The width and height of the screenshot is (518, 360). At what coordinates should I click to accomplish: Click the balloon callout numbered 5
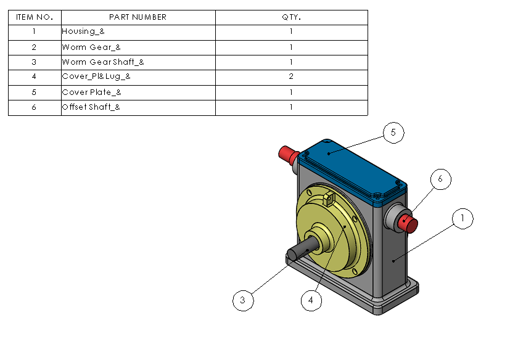[x=393, y=133]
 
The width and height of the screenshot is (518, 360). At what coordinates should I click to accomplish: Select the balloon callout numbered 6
[x=440, y=179]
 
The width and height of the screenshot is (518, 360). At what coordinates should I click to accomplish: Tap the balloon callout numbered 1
[x=462, y=218]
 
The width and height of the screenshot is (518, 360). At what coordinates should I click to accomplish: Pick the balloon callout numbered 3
[x=243, y=300]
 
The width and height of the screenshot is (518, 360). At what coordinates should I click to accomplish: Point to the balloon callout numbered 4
[x=311, y=300]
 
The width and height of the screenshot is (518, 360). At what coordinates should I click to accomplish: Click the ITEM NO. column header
[x=35, y=17]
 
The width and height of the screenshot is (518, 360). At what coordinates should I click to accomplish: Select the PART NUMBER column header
[x=138, y=17]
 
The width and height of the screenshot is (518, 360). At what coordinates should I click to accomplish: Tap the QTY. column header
[x=291, y=17]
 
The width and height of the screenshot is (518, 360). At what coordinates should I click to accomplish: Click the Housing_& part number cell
[x=138, y=32]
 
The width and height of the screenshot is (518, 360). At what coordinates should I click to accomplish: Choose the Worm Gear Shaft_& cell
[x=138, y=62]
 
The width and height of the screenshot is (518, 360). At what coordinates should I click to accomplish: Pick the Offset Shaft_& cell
[x=138, y=108]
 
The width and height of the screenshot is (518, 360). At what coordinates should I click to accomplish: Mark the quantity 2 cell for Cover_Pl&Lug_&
[x=291, y=77]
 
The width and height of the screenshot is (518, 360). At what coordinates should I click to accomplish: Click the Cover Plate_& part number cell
[x=138, y=92]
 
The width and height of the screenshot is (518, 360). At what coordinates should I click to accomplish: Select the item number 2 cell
[x=35, y=47]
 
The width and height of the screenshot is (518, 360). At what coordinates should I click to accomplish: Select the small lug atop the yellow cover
[x=328, y=198]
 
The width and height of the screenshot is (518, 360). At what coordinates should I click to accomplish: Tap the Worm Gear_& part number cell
[x=138, y=47]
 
